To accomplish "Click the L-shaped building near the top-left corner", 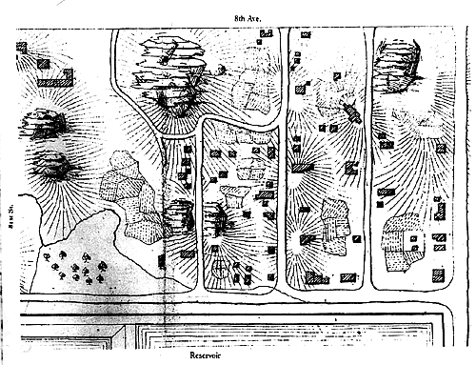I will coord(55,79).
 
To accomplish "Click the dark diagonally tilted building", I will coord(351,113).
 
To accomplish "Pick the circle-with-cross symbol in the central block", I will coord(221,270).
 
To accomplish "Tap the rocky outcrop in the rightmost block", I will coord(397,65).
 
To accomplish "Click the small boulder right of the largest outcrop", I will coord(222,69).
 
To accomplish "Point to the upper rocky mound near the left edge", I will coord(45,123).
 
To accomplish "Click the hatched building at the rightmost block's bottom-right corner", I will coord(438,274).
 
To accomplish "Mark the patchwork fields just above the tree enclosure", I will coord(129,195).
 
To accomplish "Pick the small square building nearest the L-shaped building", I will coord(44,63).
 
